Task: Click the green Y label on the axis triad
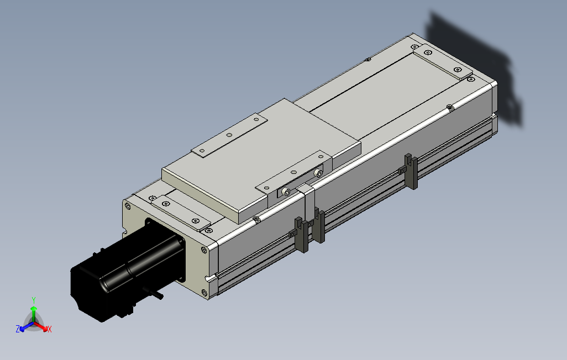click(34, 299)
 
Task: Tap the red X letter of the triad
click(49, 329)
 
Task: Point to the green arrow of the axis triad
click(34, 310)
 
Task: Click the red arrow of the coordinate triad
click(42, 326)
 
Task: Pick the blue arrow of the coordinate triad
click(25, 326)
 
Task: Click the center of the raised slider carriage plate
click(260, 160)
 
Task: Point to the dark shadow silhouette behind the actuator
click(475, 66)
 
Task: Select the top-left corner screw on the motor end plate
click(128, 206)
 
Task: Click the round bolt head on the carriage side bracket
click(286, 191)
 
